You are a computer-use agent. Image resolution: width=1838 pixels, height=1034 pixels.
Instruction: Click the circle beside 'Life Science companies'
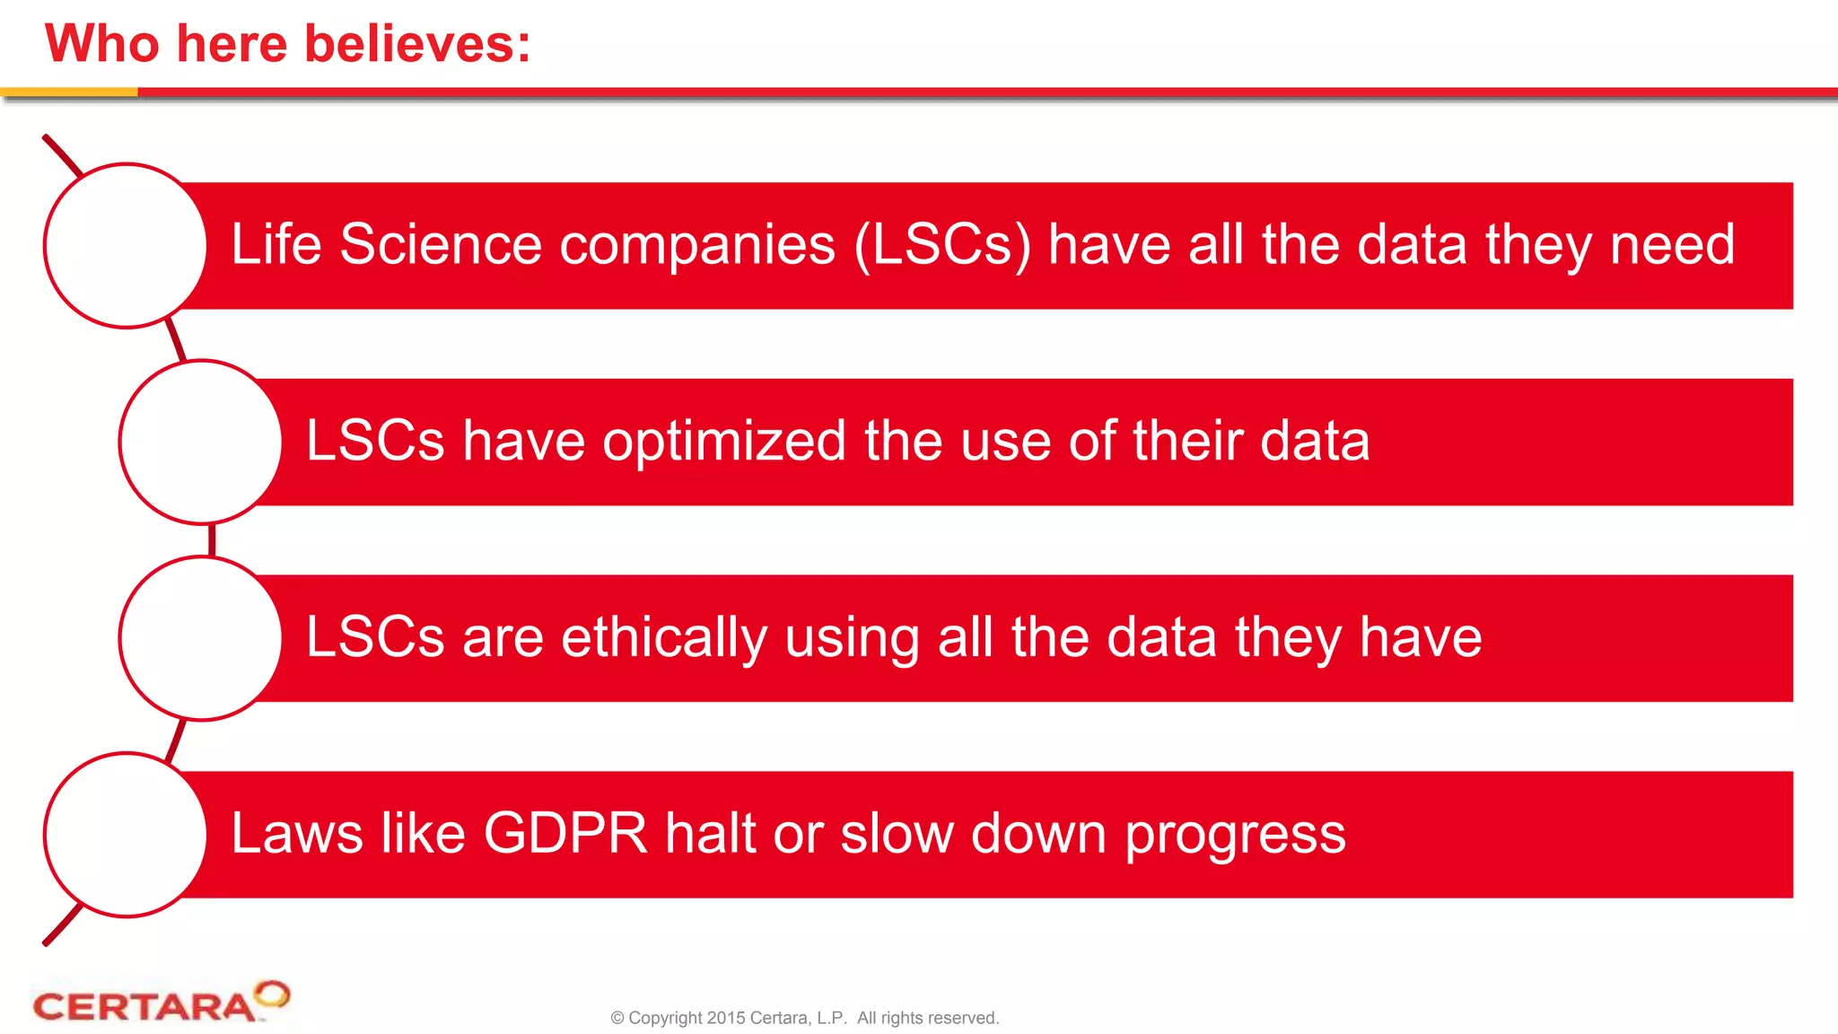(x=126, y=246)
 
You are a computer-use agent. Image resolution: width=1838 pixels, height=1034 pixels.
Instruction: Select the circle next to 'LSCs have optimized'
(x=201, y=442)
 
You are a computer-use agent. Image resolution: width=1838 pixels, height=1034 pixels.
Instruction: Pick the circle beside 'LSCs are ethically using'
(x=201, y=638)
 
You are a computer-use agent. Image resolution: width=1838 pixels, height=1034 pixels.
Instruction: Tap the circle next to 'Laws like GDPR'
(x=126, y=835)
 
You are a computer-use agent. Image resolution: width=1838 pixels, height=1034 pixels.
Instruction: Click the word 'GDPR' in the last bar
(x=565, y=833)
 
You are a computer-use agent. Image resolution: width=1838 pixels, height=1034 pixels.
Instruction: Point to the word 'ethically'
(x=664, y=637)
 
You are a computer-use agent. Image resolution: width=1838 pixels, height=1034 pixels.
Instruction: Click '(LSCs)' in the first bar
(x=941, y=244)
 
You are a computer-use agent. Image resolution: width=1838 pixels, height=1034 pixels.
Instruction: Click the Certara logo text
(x=144, y=1007)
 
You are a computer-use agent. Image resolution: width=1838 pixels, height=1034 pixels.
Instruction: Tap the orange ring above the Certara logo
(x=272, y=994)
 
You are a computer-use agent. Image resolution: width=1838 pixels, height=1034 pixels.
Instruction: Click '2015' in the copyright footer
(x=725, y=1018)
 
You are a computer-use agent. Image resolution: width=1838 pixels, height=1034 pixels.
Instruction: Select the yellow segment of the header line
(x=68, y=92)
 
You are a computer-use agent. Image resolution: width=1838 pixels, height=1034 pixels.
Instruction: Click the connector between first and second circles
(x=176, y=341)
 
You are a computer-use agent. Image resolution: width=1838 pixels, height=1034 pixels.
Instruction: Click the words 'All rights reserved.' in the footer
(x=927, y=1018)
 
